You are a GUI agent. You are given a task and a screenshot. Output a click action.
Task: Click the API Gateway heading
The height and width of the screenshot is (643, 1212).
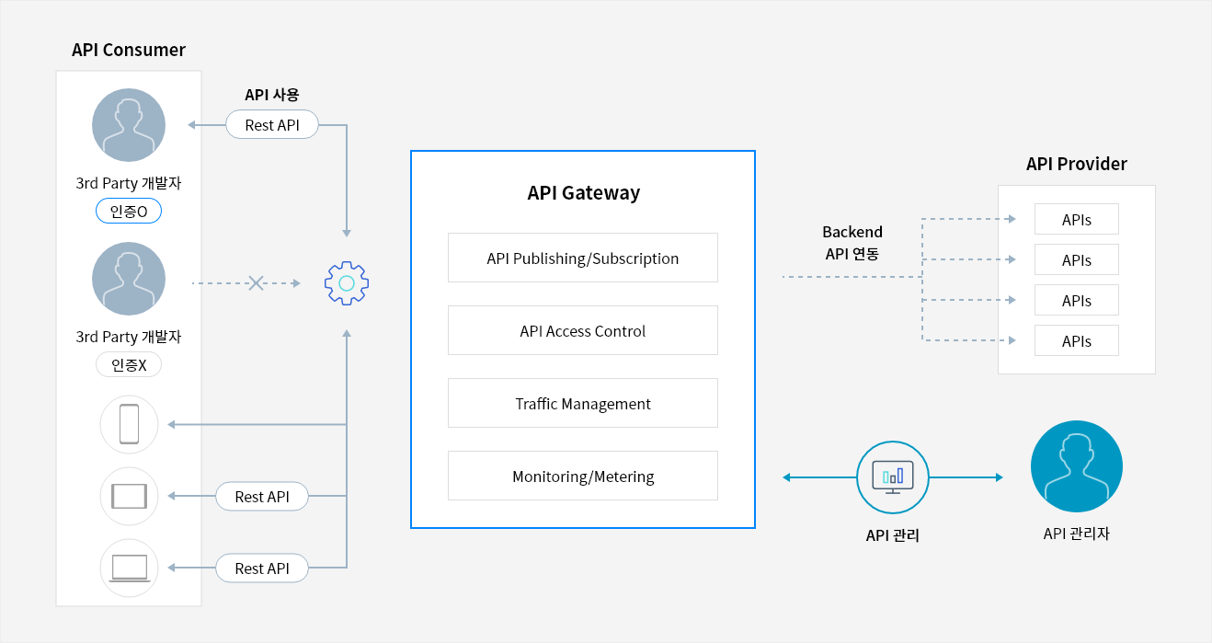coord(583,193)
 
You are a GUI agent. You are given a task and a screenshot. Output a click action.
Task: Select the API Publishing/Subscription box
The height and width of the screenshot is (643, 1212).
coord(582,258)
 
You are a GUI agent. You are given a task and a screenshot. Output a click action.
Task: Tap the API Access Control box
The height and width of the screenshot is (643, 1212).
coord(582,330)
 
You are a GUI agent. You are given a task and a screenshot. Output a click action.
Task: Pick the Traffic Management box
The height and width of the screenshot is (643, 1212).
coord(582,403)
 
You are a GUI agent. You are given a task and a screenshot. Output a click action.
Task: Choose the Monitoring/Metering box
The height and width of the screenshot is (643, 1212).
coord(582,476)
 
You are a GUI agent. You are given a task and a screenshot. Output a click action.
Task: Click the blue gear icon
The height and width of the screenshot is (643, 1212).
coord(347,283)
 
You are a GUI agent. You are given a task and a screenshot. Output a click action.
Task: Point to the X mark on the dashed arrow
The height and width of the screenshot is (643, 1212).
coord(257,283)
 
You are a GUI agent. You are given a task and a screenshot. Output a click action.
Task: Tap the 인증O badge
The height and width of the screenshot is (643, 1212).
coord(129,212)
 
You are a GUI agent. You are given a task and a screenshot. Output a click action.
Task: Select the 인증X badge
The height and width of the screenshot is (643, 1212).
coord(129,365)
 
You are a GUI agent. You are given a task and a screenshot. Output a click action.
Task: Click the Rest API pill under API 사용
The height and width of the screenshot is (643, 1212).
coord(272,125)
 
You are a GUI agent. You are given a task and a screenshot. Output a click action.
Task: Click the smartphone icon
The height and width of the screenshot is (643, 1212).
coord(129,424)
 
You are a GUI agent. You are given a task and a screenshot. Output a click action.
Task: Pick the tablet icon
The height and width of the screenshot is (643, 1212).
coord(129,497)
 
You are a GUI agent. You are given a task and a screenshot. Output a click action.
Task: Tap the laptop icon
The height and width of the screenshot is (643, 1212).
coord(129,568)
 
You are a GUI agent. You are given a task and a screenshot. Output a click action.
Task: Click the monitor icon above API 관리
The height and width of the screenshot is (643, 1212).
coord(892,477)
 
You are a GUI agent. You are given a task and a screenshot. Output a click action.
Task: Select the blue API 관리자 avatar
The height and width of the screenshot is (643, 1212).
coord(1076,466)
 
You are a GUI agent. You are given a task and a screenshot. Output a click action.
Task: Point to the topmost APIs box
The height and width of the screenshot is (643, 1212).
coord(1076,220)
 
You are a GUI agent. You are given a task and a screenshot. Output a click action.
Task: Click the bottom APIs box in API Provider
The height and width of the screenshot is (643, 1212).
coord(1076,340)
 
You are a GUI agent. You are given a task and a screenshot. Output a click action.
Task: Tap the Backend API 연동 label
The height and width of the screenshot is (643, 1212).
coord(852,243)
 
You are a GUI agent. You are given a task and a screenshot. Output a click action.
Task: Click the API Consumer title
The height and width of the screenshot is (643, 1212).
coord(129,50)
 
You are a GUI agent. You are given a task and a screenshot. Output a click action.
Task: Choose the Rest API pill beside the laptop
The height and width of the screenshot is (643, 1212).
coord(262,568)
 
